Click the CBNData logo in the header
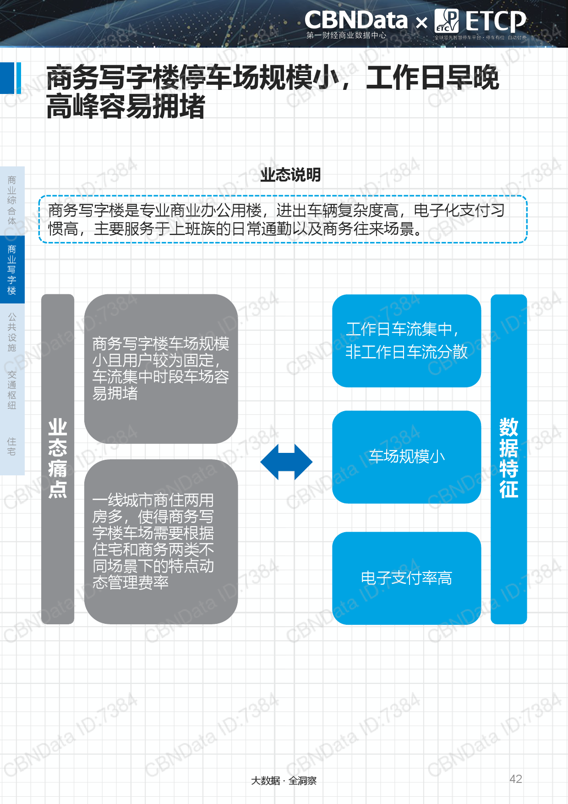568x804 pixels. coord(356,20)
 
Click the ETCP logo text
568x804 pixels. coord(496,21)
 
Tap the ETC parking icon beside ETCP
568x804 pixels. coord(446,21)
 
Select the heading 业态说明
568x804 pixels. coord(290,175)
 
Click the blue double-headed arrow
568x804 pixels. coord(286,462)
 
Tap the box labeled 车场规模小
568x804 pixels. coord(406,457)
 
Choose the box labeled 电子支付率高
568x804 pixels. coord(406,578)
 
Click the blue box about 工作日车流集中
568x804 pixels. coord(406,341)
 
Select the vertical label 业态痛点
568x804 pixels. coord(58,458)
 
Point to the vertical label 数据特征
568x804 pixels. coord(508,458)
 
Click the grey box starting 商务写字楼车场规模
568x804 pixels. coord(161,369)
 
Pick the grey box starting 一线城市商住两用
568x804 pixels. coord(161,541)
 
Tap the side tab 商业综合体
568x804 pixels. coord(12,200)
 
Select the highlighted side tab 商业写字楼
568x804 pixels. coord(12,270)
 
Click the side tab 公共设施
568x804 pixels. coord(12,332)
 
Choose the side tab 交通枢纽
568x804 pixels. coord(12,390)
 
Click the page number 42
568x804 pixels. coord(516,779)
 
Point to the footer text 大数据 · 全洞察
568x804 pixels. coord(284,780)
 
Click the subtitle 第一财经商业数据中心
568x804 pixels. coord(346,35)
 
